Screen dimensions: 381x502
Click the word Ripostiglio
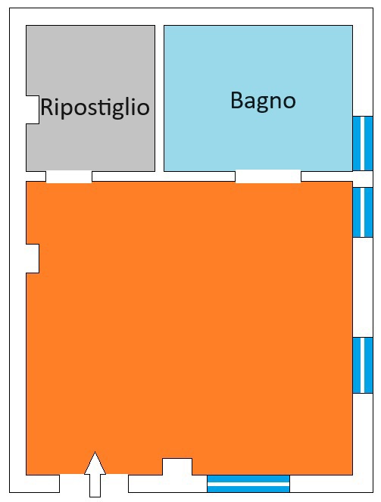coord(95,108)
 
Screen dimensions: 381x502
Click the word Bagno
coord(263,101)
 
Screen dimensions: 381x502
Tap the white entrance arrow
coord(95,474)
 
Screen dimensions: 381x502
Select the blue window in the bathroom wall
coord(363,143)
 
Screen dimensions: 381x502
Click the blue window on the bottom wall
coord(248,483)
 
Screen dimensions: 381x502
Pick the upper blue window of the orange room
coord(363,212)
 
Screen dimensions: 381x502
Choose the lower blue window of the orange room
coord(363,365)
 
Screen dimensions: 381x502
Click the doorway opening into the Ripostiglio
coord(69,176)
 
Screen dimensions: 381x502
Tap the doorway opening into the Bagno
coord(268,176)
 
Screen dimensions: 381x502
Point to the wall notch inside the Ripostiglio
coord(33,110)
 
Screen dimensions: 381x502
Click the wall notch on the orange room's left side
coord(33,259)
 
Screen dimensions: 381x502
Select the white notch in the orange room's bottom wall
coord(177,466)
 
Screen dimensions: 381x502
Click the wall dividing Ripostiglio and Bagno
coord(159,98)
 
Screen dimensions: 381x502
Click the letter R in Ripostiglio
coord(47,107)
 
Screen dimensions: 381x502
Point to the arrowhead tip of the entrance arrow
coord(95,452)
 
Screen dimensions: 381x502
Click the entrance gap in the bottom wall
coord(94,483)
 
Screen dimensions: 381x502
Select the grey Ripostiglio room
coord(91,98)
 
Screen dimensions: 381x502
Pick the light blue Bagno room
coord(258,98)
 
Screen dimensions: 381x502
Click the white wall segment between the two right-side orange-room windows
coord(363,287)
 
